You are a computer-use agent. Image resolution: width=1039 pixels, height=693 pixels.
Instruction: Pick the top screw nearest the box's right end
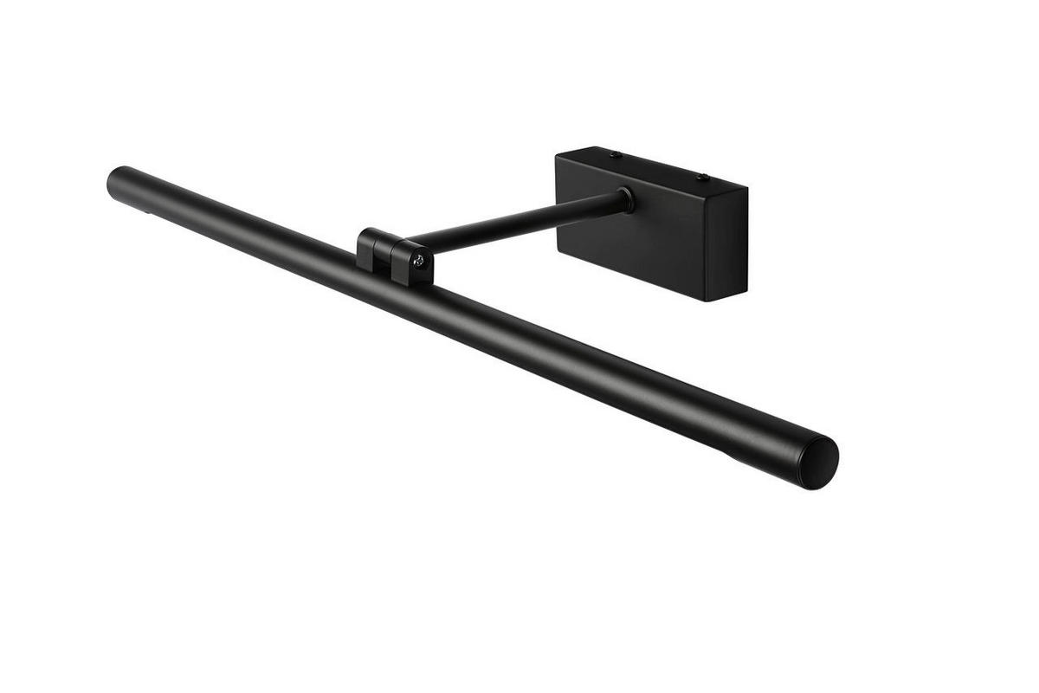(x=702, y=178)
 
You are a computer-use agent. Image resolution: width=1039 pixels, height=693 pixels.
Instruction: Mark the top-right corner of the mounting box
(x=747, y=186)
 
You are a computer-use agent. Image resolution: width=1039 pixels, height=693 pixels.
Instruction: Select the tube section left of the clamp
(x=242, y=225)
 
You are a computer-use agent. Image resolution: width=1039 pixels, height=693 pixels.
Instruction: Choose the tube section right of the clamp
(x=606, y=364)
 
